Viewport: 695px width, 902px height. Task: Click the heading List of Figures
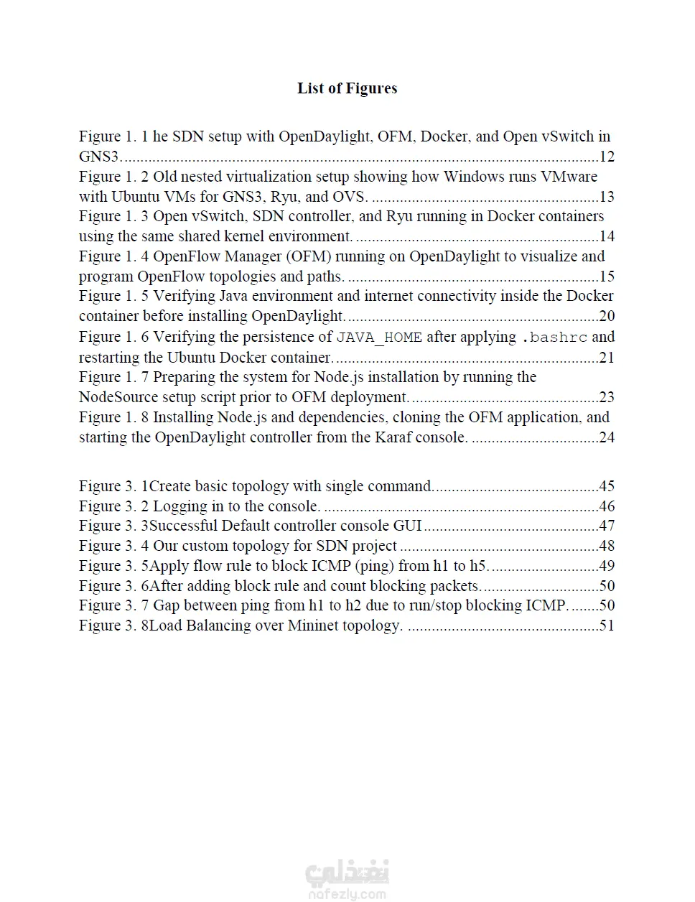pos(347,88)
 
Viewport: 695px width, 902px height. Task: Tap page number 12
pos(607,157)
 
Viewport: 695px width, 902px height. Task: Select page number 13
pos(607,197)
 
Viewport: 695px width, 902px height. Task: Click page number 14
pos(607,236)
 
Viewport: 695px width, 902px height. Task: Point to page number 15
pos(607,276)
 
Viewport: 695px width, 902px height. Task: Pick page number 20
pos(607,316)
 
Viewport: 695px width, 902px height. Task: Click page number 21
pos(607,358)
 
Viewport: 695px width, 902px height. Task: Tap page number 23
pos(607,397)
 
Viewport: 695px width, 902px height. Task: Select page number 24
pos(607,437)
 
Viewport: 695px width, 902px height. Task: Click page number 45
pos(607,486)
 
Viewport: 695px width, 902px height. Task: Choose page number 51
pos(607,626)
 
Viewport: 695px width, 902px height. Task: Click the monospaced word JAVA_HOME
pos(379,338)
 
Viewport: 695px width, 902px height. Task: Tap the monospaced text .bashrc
pos(554,338)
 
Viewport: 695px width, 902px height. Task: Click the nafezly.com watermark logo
pos(347,880)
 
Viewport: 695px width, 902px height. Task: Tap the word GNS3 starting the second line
pos(98,157)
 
